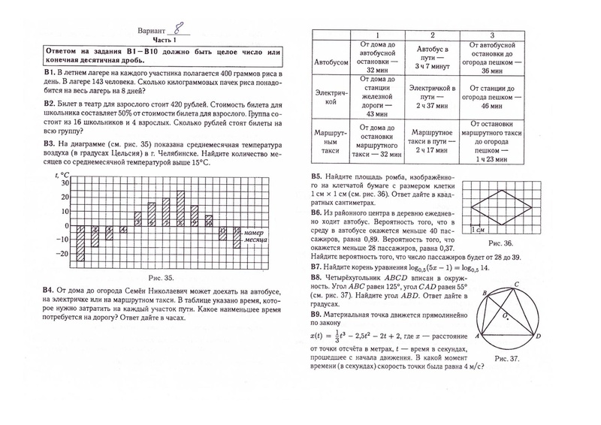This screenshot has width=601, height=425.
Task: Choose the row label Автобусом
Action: coord(331,61)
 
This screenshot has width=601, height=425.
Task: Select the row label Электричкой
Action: coord(331,98)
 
